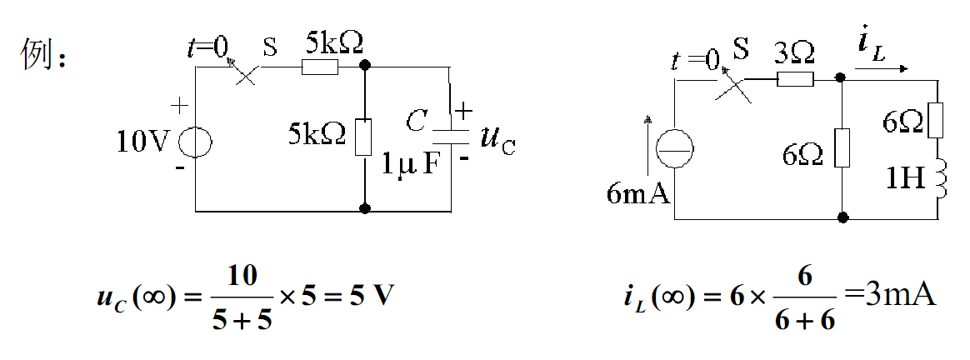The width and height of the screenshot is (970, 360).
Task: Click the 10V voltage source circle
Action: tap(195, 141)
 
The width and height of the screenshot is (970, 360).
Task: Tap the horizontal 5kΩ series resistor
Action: tap(319, 66)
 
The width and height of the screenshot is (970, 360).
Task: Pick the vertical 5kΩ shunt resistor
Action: tap(363, 137)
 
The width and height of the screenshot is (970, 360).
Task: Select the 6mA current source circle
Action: tap(673, 151)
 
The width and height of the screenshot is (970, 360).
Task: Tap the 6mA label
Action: tap(639, 194)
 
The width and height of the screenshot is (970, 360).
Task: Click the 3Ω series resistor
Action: tap(794, 79)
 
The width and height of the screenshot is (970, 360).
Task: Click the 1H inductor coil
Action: tap(941, 177)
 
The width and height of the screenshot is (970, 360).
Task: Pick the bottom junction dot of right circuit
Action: tap(842, 218)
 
